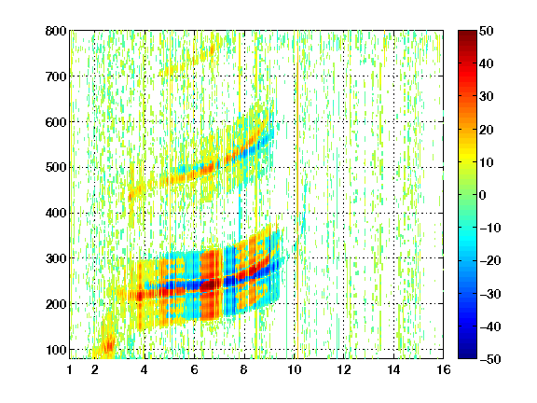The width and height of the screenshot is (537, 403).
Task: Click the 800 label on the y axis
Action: [x=56, y=31]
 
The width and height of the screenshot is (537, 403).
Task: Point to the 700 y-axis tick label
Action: [x=56, y=76]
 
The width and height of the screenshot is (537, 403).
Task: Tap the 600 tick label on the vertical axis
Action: [x=56, y=122]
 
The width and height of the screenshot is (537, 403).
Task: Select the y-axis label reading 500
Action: [x=56, y=168]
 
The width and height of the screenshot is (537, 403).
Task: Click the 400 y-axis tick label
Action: [x=56, y=213]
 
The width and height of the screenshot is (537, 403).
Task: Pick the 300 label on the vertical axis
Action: [x=56, y=258]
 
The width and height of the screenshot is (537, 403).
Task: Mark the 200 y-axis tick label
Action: [x=56, y=304]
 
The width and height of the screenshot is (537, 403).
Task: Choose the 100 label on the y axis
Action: [x=56, y=350]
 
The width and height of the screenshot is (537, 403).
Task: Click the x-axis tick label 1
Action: [x=70, y=369]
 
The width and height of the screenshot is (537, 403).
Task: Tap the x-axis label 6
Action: [x=194, y=369]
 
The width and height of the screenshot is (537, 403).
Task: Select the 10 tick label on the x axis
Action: [x=295, y=369]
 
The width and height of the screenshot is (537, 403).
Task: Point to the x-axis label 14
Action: [x=393, y=369]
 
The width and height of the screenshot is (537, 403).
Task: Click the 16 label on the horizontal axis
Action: [x=444, y=369]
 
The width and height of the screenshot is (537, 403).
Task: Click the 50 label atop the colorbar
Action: [x=486, y=31]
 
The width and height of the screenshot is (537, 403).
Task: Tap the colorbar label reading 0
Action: [x=483, y=195]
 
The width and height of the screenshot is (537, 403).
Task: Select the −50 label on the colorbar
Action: [x=490, y=359]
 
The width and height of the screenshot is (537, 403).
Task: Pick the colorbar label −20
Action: [x=490, y=261]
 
